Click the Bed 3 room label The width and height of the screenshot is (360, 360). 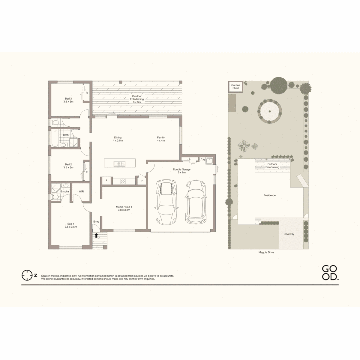click(x=68, y=100)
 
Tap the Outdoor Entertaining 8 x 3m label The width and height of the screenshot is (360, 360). click(x=137, y=99)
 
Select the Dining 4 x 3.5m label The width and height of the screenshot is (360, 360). click(x=118, y=139)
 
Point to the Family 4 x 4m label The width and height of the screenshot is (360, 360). click(x=161, y=139)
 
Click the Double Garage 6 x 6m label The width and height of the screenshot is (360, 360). click(x=182, y=171)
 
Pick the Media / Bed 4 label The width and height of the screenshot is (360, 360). click(x=124, y=208)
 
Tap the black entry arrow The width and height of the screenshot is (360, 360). click(x=96, y=235)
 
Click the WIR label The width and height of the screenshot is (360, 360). click(x=81, y=192)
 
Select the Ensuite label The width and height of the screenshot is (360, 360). click(x=65, y=192)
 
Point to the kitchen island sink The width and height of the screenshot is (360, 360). click(x=119, y=163)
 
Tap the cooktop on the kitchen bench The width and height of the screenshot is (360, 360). click(x=123, y=181)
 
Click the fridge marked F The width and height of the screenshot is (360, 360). click(x=106, y=180)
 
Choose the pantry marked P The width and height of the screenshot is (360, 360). click(x=142, y=181)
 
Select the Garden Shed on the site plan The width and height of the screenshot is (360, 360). click(x=236, y=87)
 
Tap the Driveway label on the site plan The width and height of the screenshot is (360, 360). click(x=289, y=234)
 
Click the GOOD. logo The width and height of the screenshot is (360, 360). click(x=330, y=273)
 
